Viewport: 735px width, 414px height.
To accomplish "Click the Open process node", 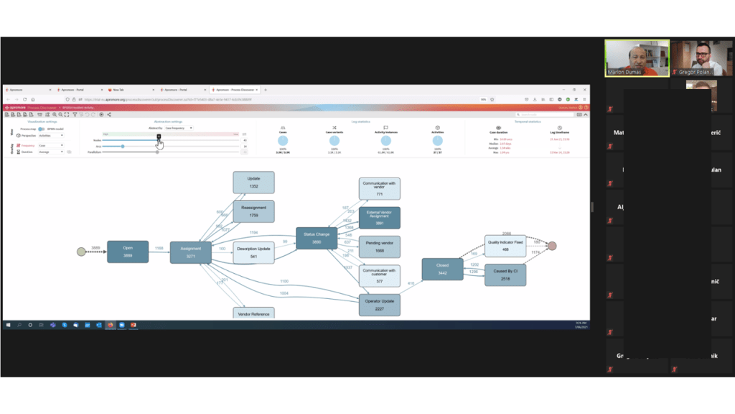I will click(x=128, y=252).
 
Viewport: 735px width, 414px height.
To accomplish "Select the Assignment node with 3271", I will click(x=190, y=252).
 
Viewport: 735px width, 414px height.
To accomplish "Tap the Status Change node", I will click(x=317, y=238).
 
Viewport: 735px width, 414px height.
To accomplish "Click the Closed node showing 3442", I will click(x=442, y=269).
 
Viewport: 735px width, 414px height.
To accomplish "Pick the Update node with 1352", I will click(x=253, y=182).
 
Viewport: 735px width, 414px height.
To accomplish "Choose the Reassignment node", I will click(x=253, y=211).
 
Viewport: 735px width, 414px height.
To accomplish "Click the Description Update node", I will click(x=253, y=252).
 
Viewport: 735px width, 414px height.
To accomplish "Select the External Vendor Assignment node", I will click(x=379, y=218).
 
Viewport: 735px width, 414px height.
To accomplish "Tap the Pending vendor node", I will click(x=379, y=247).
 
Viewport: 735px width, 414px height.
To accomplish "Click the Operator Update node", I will click(x=379, y=305).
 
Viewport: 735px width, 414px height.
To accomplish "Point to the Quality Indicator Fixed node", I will click(x=505, y=246).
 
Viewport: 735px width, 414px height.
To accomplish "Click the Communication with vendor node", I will click(x=379, y=188).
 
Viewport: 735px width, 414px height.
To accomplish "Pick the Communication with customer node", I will click(x=379, y=275).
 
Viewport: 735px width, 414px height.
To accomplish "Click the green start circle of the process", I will click(x=81, y=252).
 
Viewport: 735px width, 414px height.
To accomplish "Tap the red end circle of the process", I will click(x=552, y=246).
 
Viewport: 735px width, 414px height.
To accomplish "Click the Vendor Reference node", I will click(x=253, y=313).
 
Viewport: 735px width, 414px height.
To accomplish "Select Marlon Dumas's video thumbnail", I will click(x=637, y=57).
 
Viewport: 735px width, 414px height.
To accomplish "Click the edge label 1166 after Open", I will click(x=159, y=248).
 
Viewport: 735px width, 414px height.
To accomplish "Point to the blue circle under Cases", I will click(x=283, y=142).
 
